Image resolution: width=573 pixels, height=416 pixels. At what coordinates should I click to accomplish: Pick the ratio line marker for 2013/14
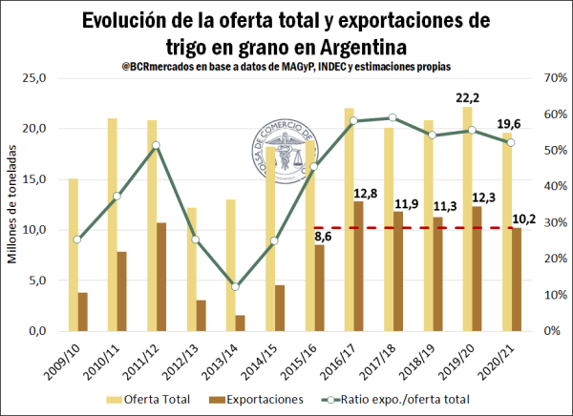click(x=235, y=287)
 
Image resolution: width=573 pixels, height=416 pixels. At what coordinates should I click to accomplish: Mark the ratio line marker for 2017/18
click(x=392, y=117)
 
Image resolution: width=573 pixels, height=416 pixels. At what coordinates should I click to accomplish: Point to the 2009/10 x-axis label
click(x=75, y=354)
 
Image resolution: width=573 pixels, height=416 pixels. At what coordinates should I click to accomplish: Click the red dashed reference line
click(x=411, y=228)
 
